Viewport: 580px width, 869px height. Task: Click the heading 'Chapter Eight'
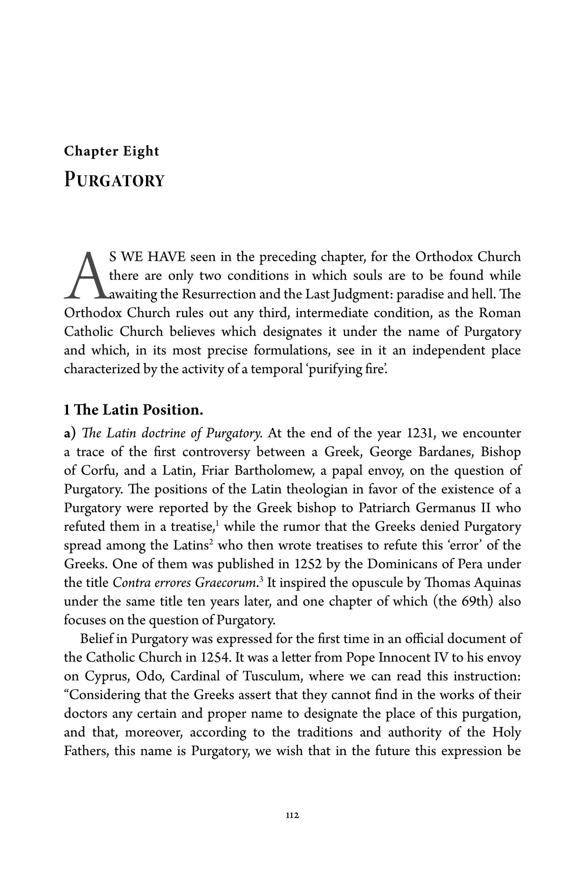(111, 151)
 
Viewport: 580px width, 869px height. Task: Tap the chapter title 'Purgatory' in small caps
(114, 180)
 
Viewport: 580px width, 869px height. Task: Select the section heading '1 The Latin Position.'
(134, 410)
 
